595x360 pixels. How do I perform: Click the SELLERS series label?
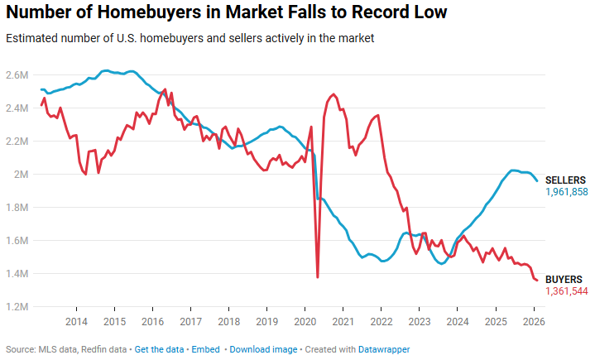[565, 180]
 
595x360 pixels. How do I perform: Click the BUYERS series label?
[564, 280]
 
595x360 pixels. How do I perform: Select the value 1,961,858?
[566, 192]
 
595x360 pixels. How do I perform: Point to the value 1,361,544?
[566, 292]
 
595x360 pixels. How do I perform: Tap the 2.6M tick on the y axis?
[17, 75]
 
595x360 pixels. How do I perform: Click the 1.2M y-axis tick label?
[17, 307]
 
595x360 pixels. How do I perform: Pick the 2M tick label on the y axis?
[21, 175]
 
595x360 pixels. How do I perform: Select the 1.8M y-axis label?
[17, 208]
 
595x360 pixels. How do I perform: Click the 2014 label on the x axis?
[76, 321]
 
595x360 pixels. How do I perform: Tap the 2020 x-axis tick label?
[305, 321]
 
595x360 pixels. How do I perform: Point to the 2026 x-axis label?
[534, 321]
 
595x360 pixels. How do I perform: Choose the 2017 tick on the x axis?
[190, 321]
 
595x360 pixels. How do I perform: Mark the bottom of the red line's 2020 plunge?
[318, 276]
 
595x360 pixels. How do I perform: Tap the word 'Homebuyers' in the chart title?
[135, 13]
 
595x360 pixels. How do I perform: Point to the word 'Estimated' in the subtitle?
[29, 39]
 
